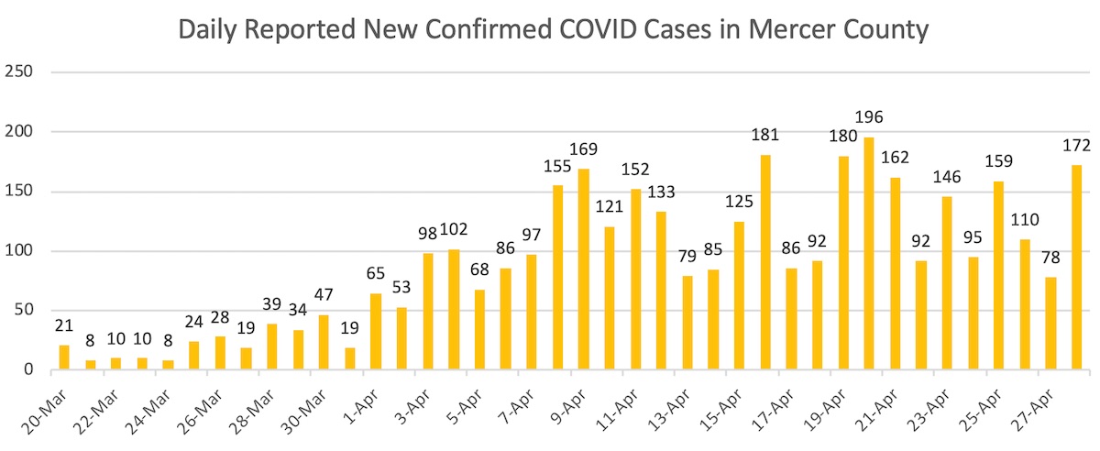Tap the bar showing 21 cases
64,357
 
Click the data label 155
557,167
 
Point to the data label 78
1050,258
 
